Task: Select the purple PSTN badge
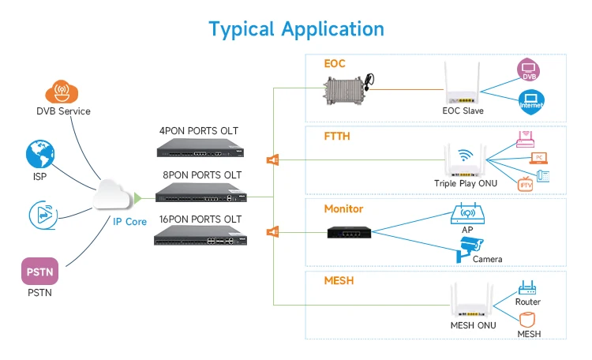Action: pyautogui.click(x=39, y=272)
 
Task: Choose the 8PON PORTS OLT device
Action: pyautogui.click(x=201, y=192)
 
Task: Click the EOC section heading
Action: pyautogui.click(x=335, y=64)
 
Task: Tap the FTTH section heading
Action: pyautogui.click(x=337, y=136)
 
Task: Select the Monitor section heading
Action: pyautogui.click(x=344, y=209)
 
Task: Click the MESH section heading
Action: pyautogui.click(x=338, y=281)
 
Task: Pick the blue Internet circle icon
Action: pyautogui.click(x=531, y=101)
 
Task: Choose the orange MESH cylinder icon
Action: pyautogui.click(x=527, y=320)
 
